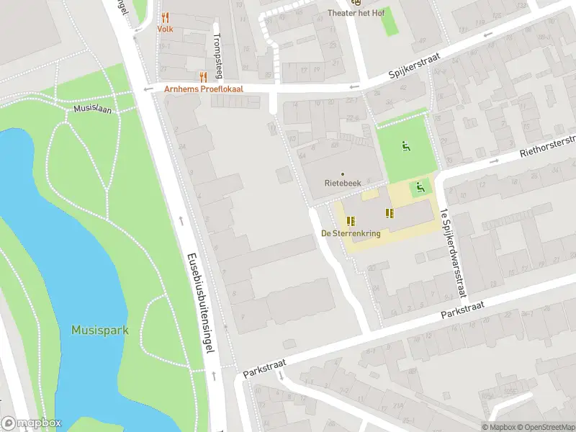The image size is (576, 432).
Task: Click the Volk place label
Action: coord(166,30)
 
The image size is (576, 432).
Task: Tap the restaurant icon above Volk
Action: coord(166,17)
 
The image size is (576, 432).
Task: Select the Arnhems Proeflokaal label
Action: coord(204,89)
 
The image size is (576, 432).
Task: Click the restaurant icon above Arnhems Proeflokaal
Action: coord(203,76)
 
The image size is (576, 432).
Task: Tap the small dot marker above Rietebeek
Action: coord(342,174)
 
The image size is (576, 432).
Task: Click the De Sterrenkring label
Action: coord(351,233)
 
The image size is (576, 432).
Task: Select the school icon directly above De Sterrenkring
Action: coord(351,221)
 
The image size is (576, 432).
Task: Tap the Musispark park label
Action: coord(100,330)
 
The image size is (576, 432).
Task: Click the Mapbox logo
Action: coord(31,423)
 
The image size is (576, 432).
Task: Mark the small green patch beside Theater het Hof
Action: coord(389,22)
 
